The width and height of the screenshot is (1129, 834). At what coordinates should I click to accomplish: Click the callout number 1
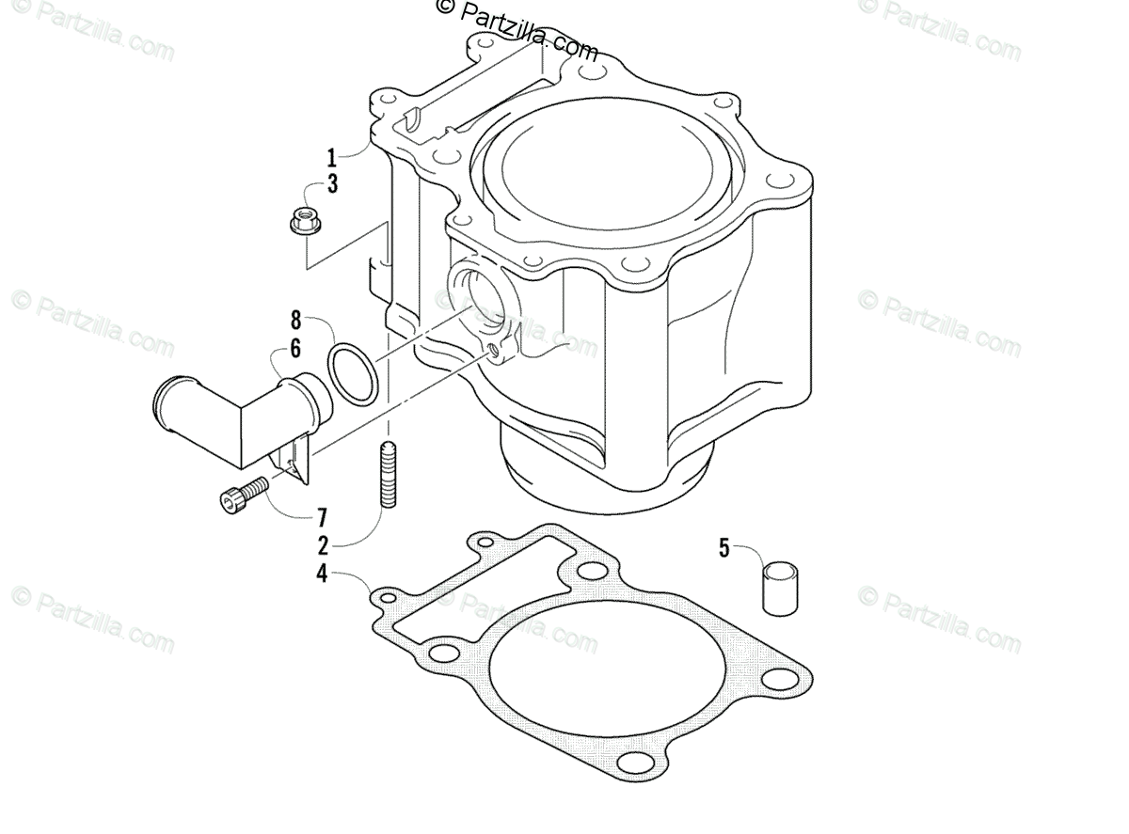click(331, 158)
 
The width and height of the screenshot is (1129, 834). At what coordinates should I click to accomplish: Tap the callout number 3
click(332, 183)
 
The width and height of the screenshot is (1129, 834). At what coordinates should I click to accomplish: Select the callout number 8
click(295, 321)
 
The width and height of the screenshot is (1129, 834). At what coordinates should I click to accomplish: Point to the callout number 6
click(295, 349)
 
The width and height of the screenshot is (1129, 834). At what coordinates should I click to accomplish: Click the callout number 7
click(322, 518)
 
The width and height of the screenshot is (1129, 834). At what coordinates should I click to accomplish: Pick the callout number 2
click(323, 545)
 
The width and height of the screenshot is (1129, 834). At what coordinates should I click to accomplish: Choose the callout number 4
click(322, 574)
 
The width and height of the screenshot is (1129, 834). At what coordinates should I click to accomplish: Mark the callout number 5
click(724, 548)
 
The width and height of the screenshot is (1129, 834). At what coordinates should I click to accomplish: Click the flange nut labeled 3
click(305, 221)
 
